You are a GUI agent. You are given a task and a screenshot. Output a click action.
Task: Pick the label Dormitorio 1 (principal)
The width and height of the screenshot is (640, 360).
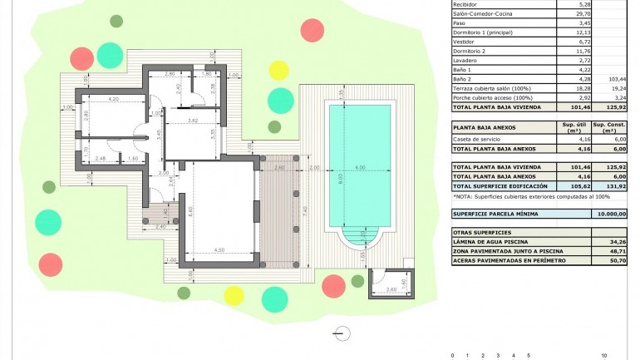[x=482, y=32]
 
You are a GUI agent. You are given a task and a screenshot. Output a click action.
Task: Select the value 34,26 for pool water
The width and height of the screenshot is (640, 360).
[x=616, y=242]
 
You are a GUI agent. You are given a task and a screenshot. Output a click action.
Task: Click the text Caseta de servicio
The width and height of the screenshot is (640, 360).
[x=478, y=139]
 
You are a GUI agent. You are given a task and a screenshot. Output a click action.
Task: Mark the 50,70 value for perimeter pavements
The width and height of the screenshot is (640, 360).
[x=616, y=261]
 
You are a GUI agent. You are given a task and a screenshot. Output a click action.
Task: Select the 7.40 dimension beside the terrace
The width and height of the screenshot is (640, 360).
[x=305, y=210]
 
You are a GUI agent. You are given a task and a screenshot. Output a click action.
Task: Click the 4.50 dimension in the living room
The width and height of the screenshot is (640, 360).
[x=218, y=250]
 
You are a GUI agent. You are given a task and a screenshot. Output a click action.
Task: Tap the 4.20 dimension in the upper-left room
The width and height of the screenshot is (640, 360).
[x=114, y=100]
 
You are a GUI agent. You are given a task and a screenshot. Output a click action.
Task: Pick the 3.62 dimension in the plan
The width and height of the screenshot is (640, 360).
[x=192, y=121]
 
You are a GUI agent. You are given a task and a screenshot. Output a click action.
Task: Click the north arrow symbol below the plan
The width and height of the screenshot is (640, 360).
[x=341, y=333]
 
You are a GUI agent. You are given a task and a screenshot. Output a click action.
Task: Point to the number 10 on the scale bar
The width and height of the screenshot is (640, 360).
[x=603, y=355]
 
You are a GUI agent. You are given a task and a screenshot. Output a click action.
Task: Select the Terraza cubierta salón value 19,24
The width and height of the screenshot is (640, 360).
[x=616, y=88]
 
